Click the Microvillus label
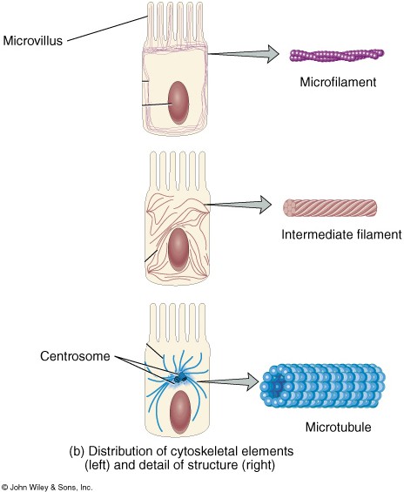pyautogui.click(x=33, y=41)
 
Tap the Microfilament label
pyautogui.click(x=338, y=82)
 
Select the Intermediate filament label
pyautogui.click(x=341, y=235)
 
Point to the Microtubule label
pyautogui.click(x=338, y=427)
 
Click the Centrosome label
pyautogui.click(x=75, y=356)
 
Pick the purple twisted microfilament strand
pyautogui.click(x=337, y=55)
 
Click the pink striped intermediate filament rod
pyautogui.click(x=330, y=208)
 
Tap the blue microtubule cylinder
pyautogui.click(x=323, y=386)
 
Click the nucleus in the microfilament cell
pyautogui.click(x=178, y=103)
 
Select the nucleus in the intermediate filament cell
pyautogui.click(x=178, y=249)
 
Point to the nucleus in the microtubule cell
pyautogui.click(x=180, y=412)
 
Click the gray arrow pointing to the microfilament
pyautogui.click(x=244, y=54)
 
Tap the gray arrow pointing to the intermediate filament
pyautogui.click(x=238, y=205)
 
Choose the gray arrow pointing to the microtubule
pyautogui.click(x=228, y=381)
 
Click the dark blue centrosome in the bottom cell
pyautogui.click(x=180, y=378)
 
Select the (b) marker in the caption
pyautogui.click(x=77, y=452)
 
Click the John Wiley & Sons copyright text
pyautogui.click(x=47, y=488)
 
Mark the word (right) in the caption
pyautogui.click(x=259, y=466)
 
